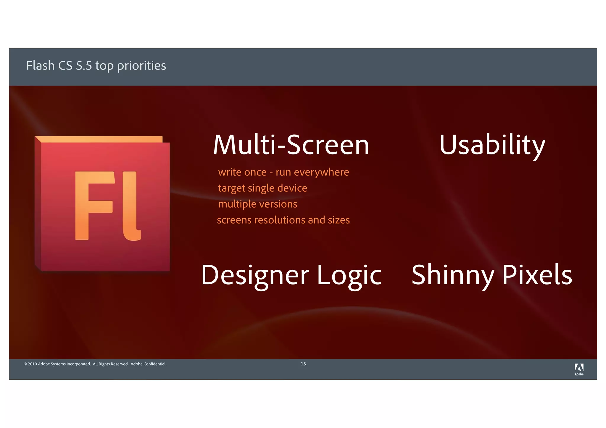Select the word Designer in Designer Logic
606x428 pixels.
click(x=255, y=275)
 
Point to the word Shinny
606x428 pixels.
click(x=453, y=275)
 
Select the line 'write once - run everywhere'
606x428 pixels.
click(x=283, y=172)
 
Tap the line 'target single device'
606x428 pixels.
click(x=262, y=188)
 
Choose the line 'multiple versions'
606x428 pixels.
click(x=257, y=204)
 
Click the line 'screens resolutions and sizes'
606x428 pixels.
click(x=283, y=220)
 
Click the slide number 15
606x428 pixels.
click(x=303, y=364)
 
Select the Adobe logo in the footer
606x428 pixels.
click(x=579, y=369)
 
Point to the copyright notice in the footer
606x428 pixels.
click(x=95, y=364)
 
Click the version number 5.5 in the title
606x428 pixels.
click(x=84, y=66)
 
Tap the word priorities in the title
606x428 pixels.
click(x=141, y=66)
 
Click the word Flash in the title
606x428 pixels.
click(x=40, y=66)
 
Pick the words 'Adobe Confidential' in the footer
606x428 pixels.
click(x=148, y=364)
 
